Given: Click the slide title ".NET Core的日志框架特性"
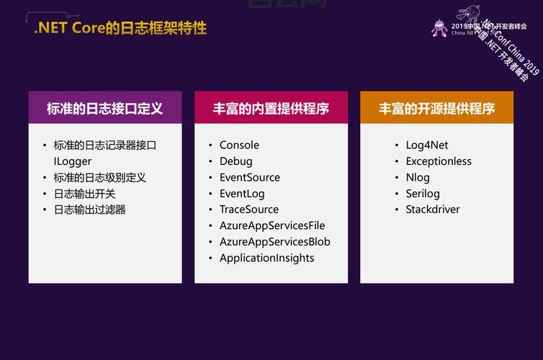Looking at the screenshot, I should click(x=120, y=29).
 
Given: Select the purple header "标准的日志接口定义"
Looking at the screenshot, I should click(x=105, y=109).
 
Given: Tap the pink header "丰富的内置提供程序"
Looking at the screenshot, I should click(x=271, y=109).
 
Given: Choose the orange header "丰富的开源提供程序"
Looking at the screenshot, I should click(x=437, y=109).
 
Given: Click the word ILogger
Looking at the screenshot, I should click(x=72, y=161).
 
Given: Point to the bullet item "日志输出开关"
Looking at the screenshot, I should click(x=84, y=194).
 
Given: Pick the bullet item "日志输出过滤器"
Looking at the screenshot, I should click(x=90, y=210).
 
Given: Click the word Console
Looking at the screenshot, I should click(x=239, y=145).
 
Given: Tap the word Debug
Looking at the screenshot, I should click(x=236, y=161).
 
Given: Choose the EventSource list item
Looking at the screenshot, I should click(x=250, y=177).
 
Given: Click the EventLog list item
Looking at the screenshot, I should click(x=242, y=194).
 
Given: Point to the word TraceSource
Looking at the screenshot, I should click(x=249, y=210).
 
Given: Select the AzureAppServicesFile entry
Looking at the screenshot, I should click(x=272, y=225).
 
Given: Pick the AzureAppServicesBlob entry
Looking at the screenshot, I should click(x=275, y=242).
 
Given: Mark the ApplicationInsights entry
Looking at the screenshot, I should click(x=267, y=258).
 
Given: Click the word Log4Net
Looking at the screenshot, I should click(x=427, y=145).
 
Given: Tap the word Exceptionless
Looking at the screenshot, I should click(x=439, y=161).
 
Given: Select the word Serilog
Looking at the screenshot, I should click(x=423, y=194).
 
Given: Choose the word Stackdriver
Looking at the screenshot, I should click(x=433, y=210).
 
